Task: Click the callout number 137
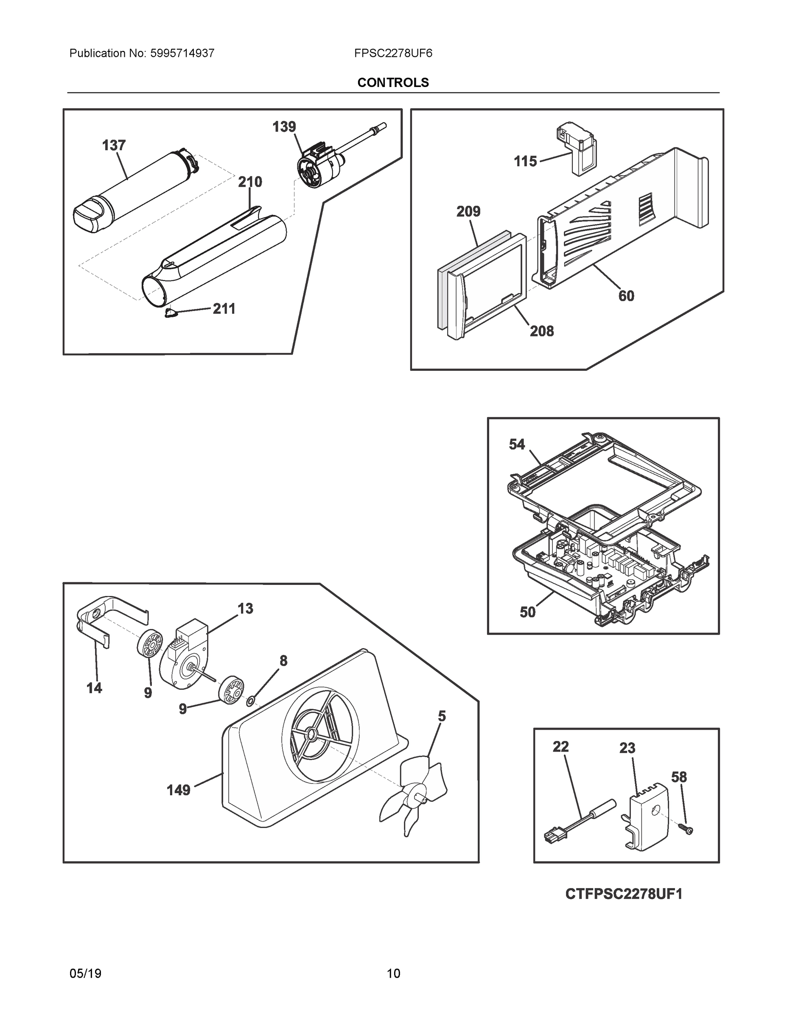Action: pyautogui.click(x=114, y=145)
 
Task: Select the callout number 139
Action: pyautogui.click(x=284, y=127)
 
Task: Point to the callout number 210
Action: pyautogui.click(x=250, y=182)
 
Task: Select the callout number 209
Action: pyautogui.click(x=468, y=212)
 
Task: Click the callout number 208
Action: pyautogui.click(x=542, y=331)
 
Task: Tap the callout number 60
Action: pyautogui.click(x=626, y=296)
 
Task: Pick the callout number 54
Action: pyautogui.click(x=517, y=445)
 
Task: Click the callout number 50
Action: pyautogui.click(x=527, y=612)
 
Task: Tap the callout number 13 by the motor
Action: pyautogui.click(x=245, y=608)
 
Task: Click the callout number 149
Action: pyautogui.click(x=179, y=790)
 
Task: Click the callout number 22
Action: pyautogui.click(x=561, y=747)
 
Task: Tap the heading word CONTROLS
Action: pyautogui.click(x=393, y=83)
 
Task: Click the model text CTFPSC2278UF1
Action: pyautogui.click(x=623, y=894)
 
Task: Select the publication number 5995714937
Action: pyautogui.click(x=182, y=53)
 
